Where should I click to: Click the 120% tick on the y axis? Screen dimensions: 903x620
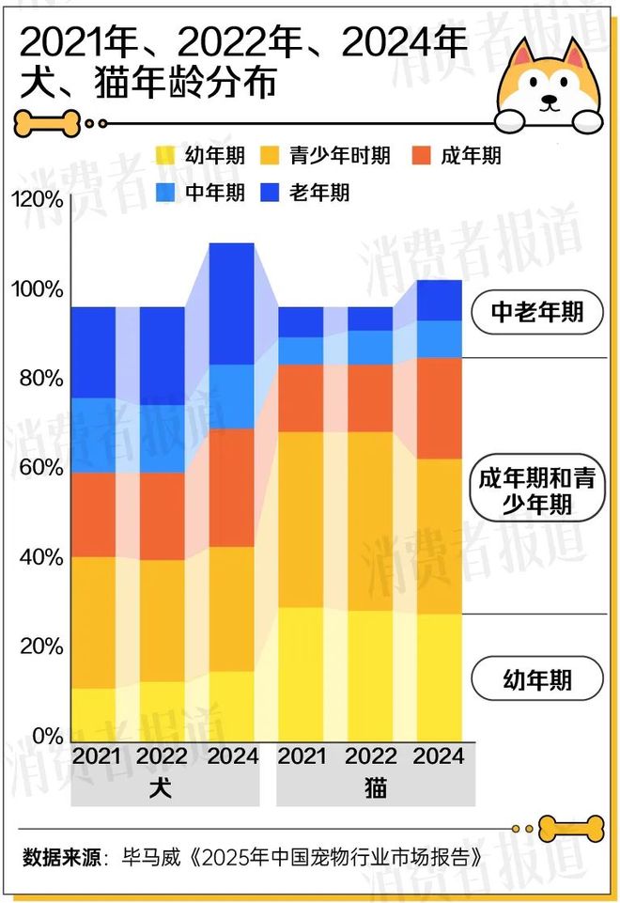(x=37, y=199)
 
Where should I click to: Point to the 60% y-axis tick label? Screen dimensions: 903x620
(x=37, y=468)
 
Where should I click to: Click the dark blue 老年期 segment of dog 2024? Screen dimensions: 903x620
(x=231, y=303)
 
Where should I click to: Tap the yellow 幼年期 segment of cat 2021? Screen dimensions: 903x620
(x=301, y=674)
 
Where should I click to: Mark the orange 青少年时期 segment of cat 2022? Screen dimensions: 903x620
(x=369, y=521)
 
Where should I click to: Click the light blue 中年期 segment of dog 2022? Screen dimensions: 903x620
(x=163, y=439)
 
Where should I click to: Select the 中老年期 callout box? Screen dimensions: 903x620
(x=536, y=313)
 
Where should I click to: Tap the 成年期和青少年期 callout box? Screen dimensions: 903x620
(x=535, y=490)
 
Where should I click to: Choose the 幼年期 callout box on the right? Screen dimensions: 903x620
(x=536, y=677)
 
